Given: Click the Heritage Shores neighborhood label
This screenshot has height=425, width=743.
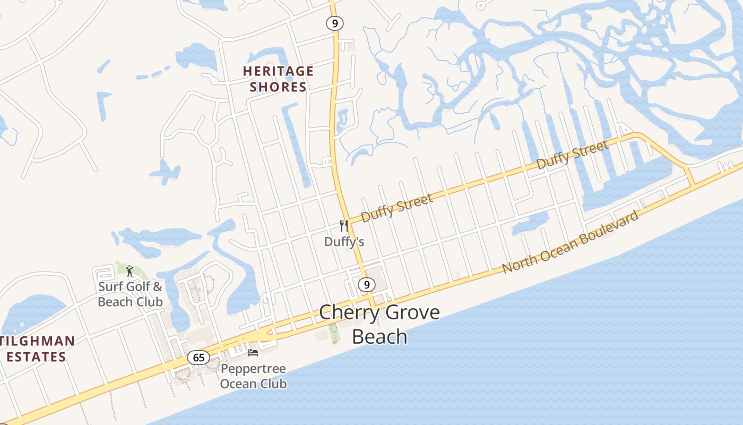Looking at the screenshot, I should click(278, 79).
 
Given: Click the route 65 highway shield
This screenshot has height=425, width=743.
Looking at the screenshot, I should click(198, 358).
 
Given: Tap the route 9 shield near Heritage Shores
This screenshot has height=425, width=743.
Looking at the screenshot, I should click(334, 23).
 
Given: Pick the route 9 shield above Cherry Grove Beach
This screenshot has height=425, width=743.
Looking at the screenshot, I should click(366, 285).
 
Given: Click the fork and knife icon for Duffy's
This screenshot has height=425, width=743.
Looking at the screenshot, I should click(344, 226).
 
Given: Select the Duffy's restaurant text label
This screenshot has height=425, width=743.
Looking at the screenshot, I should click(344, 242).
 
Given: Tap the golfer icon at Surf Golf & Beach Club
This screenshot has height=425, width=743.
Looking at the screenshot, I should click(129, 271).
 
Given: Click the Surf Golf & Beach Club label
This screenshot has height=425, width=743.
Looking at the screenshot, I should click(130, 294).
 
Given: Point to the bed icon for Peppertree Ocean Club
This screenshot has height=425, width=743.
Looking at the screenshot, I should click(253, 352).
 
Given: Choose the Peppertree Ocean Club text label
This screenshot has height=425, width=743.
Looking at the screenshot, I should click(253, 376).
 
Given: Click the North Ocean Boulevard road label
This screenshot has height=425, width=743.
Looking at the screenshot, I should click(570, 242).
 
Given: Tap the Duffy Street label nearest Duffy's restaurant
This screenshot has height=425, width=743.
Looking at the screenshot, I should click(397, 208).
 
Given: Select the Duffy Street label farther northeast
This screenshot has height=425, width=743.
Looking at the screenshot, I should click(572, 155).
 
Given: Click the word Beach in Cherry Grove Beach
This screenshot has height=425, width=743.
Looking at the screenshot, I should click(379, 337).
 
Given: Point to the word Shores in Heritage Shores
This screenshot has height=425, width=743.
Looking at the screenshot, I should click(278, 87).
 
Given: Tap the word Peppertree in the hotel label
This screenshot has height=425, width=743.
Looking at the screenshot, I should click(253, 369).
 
